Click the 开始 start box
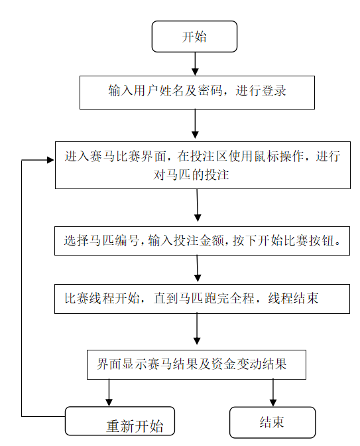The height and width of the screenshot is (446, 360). (x=194, y=37)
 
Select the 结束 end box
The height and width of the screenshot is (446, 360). (x=272, y=423)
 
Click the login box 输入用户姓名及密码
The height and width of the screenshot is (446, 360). (x=197, y=92)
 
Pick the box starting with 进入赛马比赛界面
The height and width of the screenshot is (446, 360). (x=202, y=165)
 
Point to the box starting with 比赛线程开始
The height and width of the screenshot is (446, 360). (x=202, y=299)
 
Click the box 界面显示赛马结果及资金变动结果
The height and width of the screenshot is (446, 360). (x=197, y=364)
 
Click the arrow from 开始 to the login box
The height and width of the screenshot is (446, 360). (x=194, y=63)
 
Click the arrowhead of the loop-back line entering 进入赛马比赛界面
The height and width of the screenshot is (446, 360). (x=49, y=160)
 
